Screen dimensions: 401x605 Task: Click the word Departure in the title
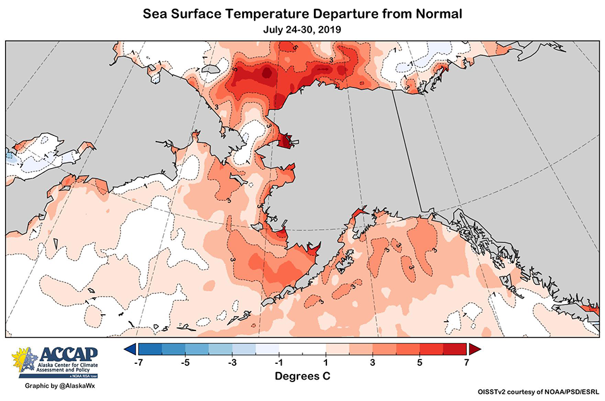coord(332,13)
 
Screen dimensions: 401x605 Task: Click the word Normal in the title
coord(437,13)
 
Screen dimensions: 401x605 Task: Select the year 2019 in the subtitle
coord(333,29)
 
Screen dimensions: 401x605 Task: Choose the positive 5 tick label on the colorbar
coord(419,363)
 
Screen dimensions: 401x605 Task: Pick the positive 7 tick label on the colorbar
coord(465,363)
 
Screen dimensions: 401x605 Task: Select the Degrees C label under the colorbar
coord(302,376)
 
